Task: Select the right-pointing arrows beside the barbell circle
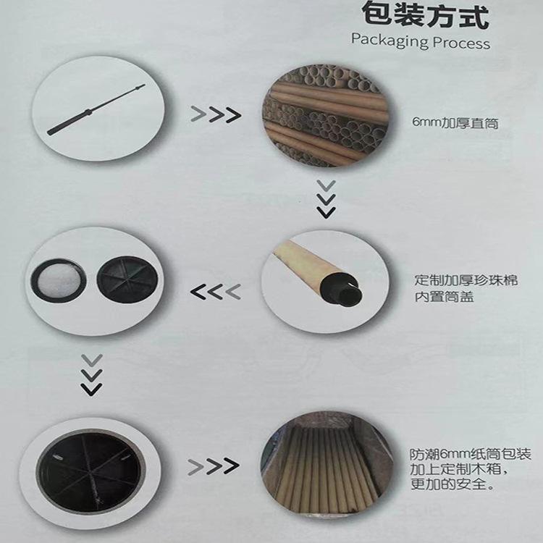[215, 114]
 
